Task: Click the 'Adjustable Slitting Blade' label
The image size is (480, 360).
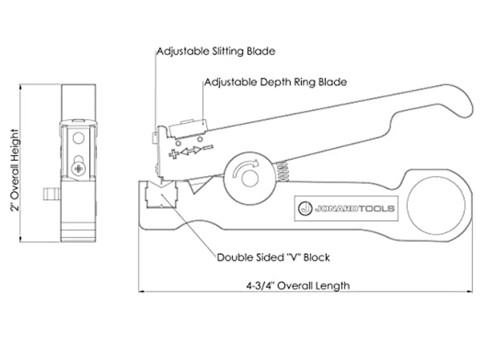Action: pyautogui.click(x=216, y=51)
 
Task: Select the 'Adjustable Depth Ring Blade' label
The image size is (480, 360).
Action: pyautogui.click(x=276, y=82)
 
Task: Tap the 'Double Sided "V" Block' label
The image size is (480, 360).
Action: pyautogui.click(x=273, y=258)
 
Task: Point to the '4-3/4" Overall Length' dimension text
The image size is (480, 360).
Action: pyautogui.click(x=298, y=286)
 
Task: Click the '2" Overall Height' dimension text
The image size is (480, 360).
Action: pyautogui.click(x=15, y=170)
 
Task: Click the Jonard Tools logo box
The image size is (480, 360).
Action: pyautogui.click(x=346, y=208)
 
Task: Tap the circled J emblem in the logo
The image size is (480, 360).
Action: pyautogui.click(x=305, y=208)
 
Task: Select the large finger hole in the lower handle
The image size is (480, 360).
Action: pyautogui.click(x=436, y=206)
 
